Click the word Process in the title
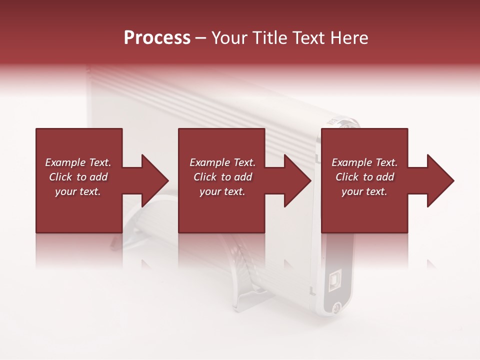tap(157, 38)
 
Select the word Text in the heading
tap(308, 38)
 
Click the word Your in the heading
tap(229, 38)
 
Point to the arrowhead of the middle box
tap(297, 180)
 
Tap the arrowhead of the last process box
tap(440, 180)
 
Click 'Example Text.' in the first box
tap(78, 162)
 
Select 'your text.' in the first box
tap(78, 191)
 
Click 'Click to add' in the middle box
tap(222, 177)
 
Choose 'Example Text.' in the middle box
tap(222, 162)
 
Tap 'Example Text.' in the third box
tap(364, 162)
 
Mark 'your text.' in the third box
tap(364, 191)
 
